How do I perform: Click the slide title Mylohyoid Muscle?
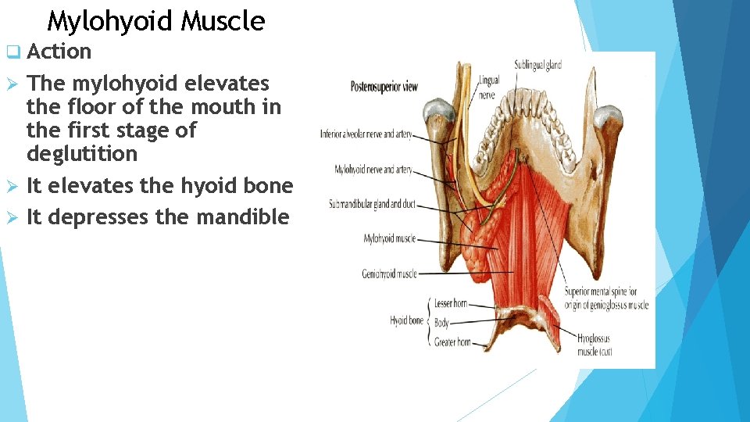[x=155, y=21]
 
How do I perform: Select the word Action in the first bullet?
[x=59, y=52]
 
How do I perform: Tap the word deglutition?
[x=81, y=154]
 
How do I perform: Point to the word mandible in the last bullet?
[x=243, y=217]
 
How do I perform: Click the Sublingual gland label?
[x=537, y=65]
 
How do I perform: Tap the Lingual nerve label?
[x=489, y=85]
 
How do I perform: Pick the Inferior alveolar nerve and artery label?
[x=366, y=134]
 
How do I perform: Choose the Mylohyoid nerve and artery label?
[x=373, y=169]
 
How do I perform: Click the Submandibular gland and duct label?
[x=372, y=205]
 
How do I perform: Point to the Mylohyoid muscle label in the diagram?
[x=390, y=239]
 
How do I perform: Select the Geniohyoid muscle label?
[x=389, y=274]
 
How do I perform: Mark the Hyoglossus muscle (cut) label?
[x=595, y=345]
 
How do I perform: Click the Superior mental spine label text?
[x=606, y=299]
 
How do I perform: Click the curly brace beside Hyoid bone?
[x=429, y=320]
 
